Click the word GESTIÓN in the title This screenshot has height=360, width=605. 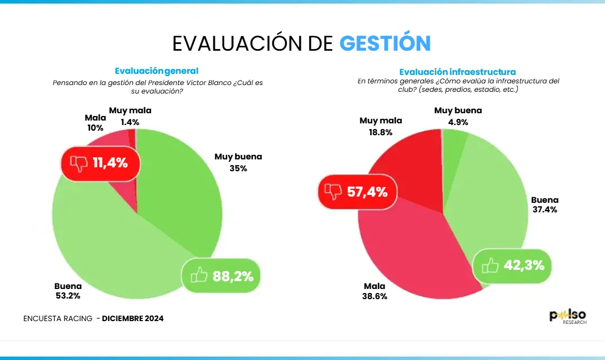[385, 43]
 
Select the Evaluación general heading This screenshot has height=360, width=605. [157, 71]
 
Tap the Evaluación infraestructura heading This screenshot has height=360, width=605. [457, 72]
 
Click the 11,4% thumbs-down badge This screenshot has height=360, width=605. [99, 164]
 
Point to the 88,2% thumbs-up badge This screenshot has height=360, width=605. [221, 276]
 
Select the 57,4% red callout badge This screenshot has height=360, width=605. [358, 192]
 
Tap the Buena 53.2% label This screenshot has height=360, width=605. [68, 290]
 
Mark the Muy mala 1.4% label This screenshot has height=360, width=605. [130, 116]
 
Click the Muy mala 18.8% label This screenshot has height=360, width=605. [381, 126]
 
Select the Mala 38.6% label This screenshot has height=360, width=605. [375, 291]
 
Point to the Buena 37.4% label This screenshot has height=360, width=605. [545, 205]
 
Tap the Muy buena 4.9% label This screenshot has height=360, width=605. [458, 116]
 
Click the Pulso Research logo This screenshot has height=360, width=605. [568, 317]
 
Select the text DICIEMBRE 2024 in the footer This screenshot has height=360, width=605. [133, 319]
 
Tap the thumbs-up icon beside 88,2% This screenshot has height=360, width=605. [199, 276]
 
